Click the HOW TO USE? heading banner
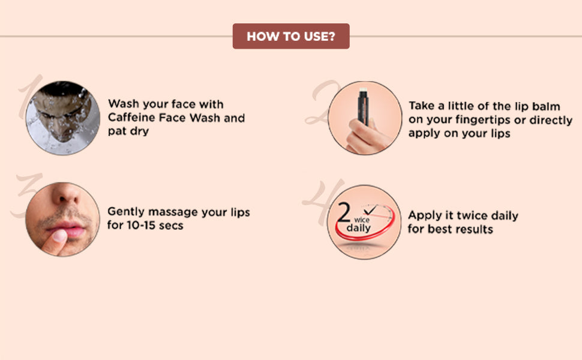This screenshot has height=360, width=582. point(291,36)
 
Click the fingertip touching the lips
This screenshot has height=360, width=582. point(58,236)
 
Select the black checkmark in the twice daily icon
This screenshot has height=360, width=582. point(370,210)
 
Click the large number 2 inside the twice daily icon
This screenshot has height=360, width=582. point(343,212)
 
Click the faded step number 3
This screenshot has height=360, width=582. point(28,193)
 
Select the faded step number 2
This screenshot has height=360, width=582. point(322,102)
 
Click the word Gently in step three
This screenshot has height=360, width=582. point(126,212)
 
